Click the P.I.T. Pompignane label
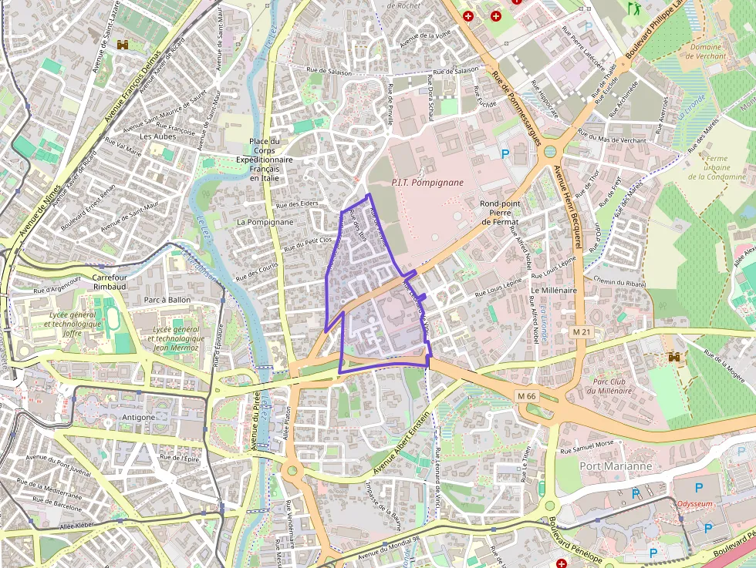tap(427, 183)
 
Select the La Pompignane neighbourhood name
tap(265, 222)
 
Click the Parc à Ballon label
tap(167, 299)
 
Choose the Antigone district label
tap(139, 417)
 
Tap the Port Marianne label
tap(616, 466)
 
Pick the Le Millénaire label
tap(554, 290)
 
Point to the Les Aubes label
tap(158, 136)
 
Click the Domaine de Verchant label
tap(705, 52)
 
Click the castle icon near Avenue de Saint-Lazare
tap(122, 46)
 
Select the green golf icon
tap(634, 9)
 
